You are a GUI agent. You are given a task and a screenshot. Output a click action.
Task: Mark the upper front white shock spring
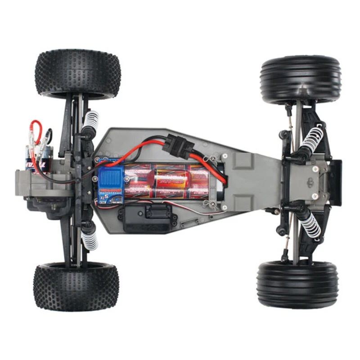pos(312,139)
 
